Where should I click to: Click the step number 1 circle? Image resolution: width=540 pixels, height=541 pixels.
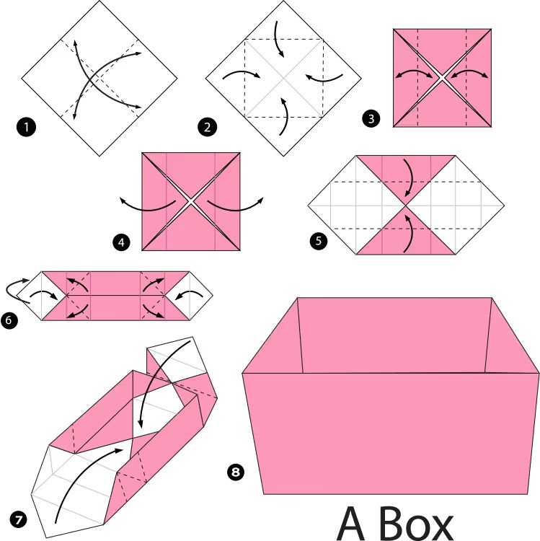point(26,127)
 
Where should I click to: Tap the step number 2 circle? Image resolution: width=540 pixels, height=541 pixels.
point(207,127)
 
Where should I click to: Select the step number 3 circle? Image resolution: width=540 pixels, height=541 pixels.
point(371,118)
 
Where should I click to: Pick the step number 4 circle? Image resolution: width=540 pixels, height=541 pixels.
point(121,242)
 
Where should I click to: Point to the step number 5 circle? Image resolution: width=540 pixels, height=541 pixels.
point(318,240)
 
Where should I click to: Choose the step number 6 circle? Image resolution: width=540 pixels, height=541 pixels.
point(9,320)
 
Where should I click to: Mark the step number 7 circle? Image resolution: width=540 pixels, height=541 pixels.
point(18,519)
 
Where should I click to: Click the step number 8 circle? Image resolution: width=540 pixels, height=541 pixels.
point(236,471)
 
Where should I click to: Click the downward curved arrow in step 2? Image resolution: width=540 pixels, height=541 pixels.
point(278,39)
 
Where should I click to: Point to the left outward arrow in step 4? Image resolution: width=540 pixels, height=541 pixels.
point(146,207)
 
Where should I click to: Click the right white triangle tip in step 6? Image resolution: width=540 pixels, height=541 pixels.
point(213,295)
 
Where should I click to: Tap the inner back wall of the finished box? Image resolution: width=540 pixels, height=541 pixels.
point(394,335)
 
